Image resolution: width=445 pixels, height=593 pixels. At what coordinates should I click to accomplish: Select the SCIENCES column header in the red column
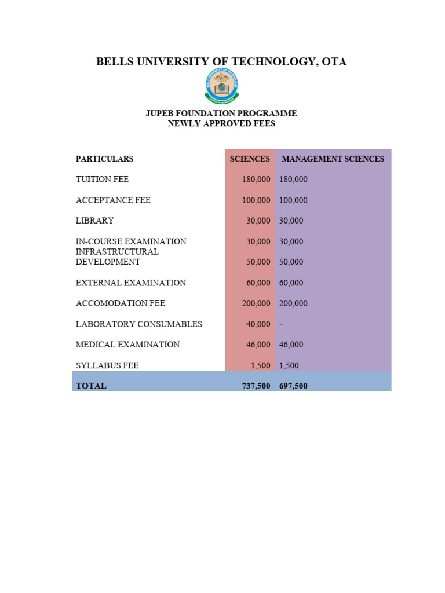250,159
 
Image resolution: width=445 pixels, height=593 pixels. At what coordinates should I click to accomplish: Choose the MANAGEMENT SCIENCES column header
333,159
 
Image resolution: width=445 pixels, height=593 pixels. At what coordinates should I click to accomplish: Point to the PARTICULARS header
104,159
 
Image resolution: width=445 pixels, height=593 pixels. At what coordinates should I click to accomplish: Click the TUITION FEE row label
102,180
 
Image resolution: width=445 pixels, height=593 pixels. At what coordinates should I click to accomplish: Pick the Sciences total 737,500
256,386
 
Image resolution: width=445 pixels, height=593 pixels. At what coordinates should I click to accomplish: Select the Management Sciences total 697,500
293,386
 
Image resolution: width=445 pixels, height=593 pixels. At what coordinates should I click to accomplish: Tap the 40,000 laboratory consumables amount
258,324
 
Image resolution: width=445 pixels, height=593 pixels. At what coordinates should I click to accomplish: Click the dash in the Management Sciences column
281,324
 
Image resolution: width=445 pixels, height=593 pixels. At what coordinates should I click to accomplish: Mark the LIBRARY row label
95,221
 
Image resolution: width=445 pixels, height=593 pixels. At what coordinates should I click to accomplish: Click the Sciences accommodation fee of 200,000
256,303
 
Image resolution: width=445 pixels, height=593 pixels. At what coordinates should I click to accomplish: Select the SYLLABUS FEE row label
107,365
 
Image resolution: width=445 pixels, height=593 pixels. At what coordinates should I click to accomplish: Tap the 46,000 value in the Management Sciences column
291,345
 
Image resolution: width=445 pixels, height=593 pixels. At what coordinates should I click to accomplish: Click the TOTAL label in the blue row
92,386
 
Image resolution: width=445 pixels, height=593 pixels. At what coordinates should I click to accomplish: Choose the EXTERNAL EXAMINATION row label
131,283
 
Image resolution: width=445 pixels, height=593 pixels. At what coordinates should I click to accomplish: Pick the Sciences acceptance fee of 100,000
256,200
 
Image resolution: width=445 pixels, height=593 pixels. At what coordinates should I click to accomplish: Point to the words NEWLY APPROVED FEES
221,123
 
